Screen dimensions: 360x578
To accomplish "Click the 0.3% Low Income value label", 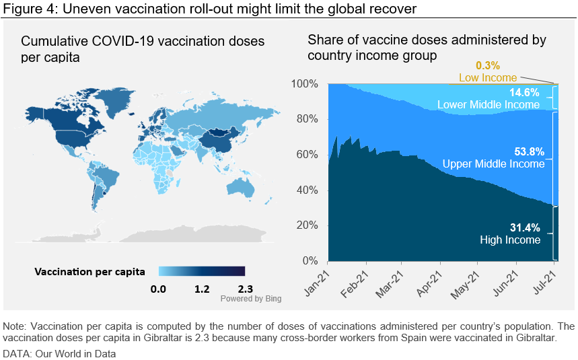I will [x=488, y=66].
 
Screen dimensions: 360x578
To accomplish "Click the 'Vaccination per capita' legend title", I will [x=89, y=272].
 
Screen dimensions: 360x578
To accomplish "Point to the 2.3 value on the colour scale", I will [x=236, y=289].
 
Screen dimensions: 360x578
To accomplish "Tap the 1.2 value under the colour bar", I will [x=202, y=289].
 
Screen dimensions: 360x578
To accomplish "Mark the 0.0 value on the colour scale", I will [x=159, y=289].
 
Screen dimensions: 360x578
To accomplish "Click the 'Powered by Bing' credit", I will [x=251, y=298].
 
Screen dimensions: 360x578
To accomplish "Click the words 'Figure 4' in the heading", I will [x=25, y=9].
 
